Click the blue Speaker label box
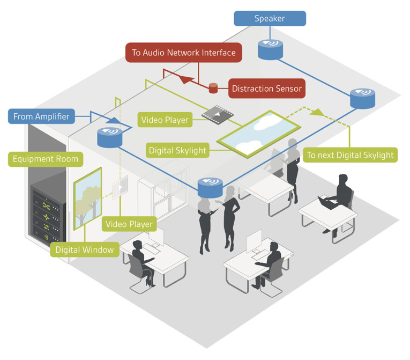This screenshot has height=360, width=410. (x=270, y=19)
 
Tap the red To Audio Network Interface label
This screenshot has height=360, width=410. (x=184, y=53)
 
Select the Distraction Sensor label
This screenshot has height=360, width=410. (x=266, y=89)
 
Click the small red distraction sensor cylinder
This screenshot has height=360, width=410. (x=213, y=87)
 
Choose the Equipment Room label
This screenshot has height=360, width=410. (x=46, y=158)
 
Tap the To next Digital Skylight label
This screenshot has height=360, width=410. (x=350, y=156)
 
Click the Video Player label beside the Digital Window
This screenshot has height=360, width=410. (x=129, y=224)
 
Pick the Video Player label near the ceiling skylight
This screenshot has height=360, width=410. (x=166, y=120)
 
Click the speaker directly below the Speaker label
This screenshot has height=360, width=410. (x=270, y=49)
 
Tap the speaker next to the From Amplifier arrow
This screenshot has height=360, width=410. (x=110, y=137)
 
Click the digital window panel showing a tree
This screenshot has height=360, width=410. (x=87, y=197)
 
